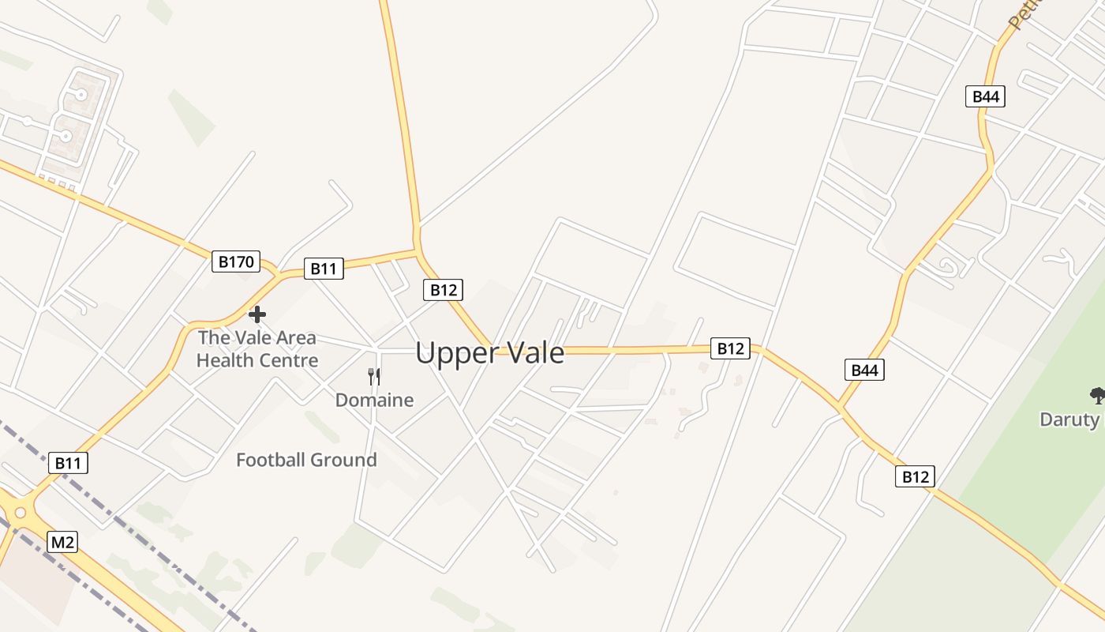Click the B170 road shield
click(x=235, y=261)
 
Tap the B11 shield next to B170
click(x=324, y=269)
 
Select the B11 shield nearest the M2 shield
click(x=68, y=463)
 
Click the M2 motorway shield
click(x=62, y=542)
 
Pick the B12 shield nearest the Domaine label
click(x=443, y=290)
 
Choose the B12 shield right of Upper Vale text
click(x=729, y=348)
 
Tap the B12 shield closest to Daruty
click(x=915, y=476)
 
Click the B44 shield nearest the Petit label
click(x=985, y=96)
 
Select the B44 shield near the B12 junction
click(x=864, y=370)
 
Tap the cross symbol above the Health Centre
click(x=257, y=314)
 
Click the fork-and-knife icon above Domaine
click(x=374, y=376)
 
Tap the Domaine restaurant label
click(x=374, y=400)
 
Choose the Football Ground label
click(x=306, y=460)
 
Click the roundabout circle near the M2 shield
click(x=21, y=513)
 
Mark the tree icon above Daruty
click(x=1096, y=395)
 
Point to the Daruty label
click(x=1069, y=419)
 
